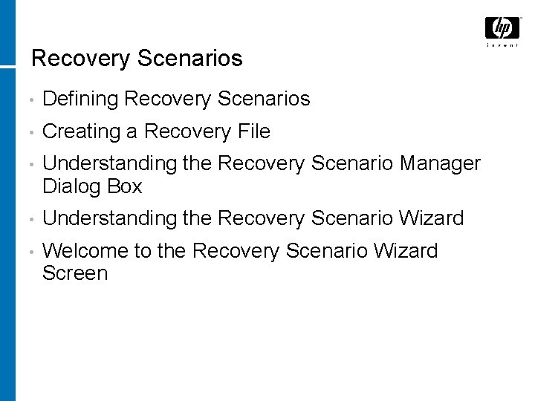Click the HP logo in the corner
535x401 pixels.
click(x=502, y=28)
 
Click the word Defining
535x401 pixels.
click(x=82, y=98)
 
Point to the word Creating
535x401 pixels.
click(x=82, y=131)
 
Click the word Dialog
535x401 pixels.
click(x=73, y=186)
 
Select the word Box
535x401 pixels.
click(x=124, y=186)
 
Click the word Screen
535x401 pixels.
click(x=75, y=273)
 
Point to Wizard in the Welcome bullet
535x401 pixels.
click(x=402, y=251)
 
